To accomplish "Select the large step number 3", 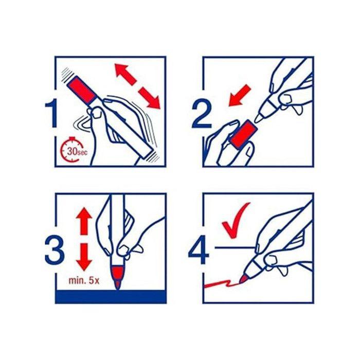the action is (55, 250).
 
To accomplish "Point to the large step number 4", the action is (199, 250).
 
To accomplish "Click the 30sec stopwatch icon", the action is (73, 150).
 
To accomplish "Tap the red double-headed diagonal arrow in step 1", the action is (137, 86).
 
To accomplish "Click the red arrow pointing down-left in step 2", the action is (240, 95).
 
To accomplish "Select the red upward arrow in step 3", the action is (84, 221).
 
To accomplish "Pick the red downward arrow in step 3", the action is (84, 257).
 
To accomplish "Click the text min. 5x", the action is (84, 281).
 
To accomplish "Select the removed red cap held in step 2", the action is (241, 133).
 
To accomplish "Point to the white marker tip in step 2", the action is (259, 118).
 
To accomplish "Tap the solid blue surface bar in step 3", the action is (111, 297).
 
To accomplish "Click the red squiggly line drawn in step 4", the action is (221, 283).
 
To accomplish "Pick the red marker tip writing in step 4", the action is (243, 279).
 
